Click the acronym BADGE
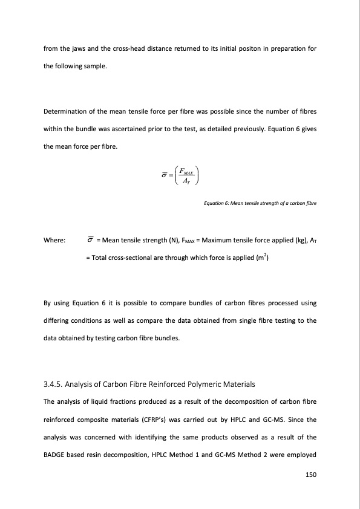(57, 451)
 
